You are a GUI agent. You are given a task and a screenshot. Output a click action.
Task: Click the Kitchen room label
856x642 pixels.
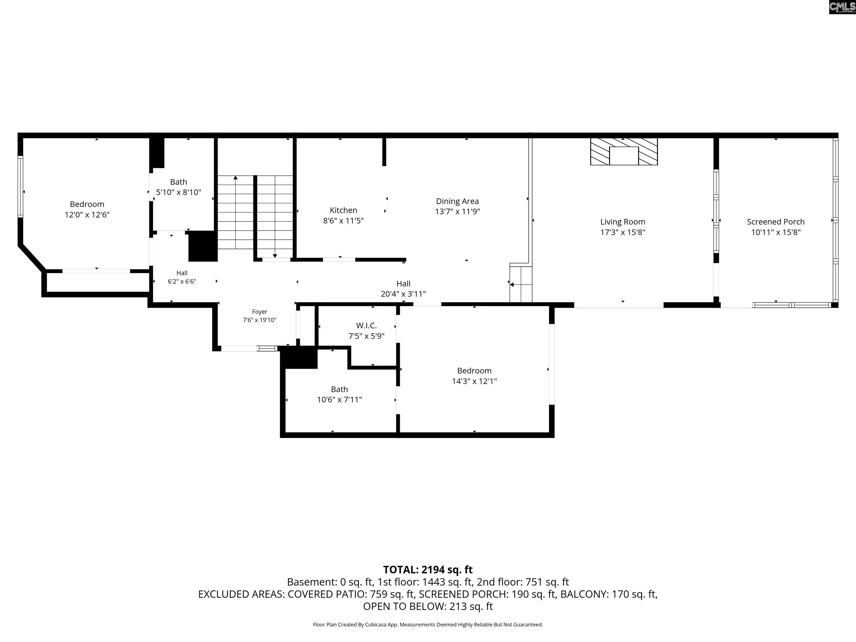[x=343, y=210]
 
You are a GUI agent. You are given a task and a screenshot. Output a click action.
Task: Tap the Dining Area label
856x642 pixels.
[x=458, y=201]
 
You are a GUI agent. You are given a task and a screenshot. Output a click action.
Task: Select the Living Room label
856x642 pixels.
[x=623, y=222]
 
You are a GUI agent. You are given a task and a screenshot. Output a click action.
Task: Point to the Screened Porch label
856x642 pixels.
[x=775, y=222]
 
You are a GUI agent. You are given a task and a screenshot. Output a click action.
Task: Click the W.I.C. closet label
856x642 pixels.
[x=366, y=325]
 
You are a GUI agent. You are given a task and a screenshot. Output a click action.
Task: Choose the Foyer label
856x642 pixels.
[x=260, y=312]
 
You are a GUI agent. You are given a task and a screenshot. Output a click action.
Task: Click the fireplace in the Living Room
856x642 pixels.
[x=624, y=151]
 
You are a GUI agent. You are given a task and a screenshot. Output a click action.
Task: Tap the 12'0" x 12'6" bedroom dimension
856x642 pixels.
[x=87, y=215]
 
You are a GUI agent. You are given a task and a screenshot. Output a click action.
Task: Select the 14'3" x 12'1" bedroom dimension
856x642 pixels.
[x=475, y=381]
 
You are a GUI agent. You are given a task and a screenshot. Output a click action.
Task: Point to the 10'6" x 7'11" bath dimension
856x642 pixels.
[x=339, y=400]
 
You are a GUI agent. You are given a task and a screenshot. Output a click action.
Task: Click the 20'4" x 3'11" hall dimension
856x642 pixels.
[x=403, y=294]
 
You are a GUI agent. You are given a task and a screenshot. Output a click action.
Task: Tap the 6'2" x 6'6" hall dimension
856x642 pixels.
[x=182, y=281]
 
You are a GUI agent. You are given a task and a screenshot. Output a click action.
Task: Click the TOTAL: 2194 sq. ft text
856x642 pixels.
[x=428, y=570]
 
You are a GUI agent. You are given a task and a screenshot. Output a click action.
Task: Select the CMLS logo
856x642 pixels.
[x=842, y=7]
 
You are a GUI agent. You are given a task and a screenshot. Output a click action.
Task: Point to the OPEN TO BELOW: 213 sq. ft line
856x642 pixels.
[x=428, y=606]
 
